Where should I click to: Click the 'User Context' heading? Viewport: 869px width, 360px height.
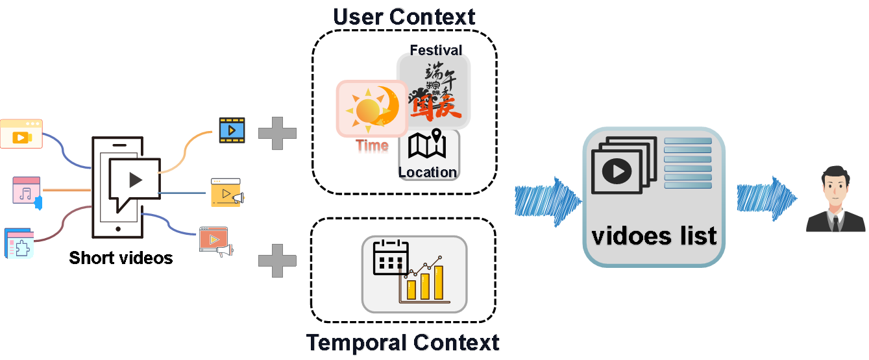click(404, 17)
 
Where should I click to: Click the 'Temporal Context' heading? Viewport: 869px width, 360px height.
click(402, 342)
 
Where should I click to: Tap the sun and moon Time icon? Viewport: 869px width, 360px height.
click(368, 108)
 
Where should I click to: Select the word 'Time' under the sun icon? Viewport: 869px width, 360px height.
click(372, 147)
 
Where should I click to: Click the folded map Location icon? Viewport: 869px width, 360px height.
click(427, 147)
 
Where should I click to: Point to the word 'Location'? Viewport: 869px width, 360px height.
click(428, 173)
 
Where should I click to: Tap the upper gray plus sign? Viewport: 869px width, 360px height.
click(277, 134)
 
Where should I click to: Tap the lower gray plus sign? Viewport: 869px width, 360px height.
click(277, 261)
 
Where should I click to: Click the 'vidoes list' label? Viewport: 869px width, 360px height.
click(654, 235)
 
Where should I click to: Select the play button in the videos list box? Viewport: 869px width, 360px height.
click(617, 171)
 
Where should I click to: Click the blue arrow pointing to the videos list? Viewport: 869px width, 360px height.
click(546, 199)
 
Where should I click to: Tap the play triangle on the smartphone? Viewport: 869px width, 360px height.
click(135, 179)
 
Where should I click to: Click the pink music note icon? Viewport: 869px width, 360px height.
click(26, 192)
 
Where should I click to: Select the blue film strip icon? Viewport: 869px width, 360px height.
click(231, 130)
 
